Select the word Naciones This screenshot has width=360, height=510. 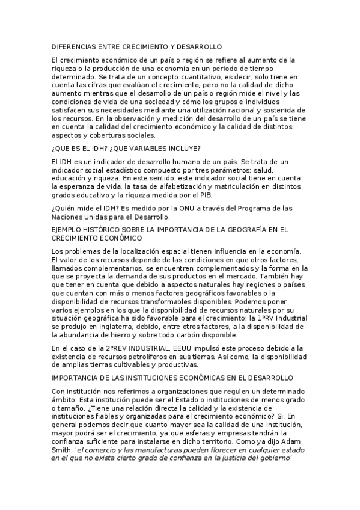[x=67, y=217]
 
